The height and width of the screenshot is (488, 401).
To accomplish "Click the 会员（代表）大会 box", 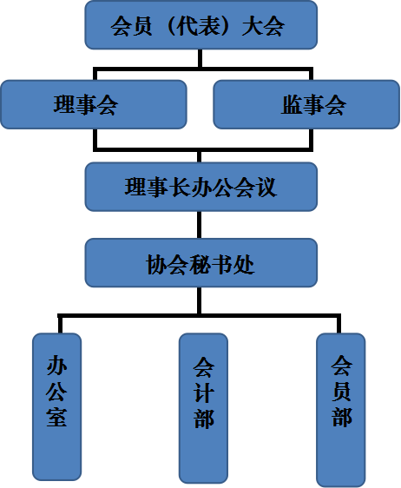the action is tap(201, 25).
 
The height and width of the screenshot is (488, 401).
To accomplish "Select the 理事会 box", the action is tap(94, 104).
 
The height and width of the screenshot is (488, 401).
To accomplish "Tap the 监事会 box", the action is tap(306, 104).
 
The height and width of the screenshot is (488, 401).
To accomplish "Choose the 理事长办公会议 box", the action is tap(201, 187).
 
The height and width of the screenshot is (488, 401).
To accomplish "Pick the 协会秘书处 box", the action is tap(201, 263).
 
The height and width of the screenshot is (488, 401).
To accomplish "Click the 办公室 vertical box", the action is tap(57, 406).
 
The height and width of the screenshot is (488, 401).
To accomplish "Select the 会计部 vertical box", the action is tap(203, 408).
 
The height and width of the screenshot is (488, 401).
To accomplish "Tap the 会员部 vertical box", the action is tap(341, 410).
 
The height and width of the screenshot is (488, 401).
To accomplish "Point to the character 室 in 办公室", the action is tap(56, 416).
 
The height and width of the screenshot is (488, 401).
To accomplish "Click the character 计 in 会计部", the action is tap(204, 392).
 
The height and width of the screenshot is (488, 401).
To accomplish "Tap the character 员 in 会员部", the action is tap(341, 391).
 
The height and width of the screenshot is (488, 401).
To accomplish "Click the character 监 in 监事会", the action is tap(293, 104).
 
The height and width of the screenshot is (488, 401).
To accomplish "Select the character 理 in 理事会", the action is tap(64, 104).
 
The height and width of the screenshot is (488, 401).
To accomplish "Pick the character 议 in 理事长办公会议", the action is tap(266, 188).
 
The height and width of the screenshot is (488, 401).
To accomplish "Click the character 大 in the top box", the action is tap(252, 26).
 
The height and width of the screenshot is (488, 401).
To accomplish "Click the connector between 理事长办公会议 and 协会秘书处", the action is tap(200, 225).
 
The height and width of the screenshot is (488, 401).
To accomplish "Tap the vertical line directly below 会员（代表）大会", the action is tap(200, 58).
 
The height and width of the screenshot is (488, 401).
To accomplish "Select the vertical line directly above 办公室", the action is tap(60, 325).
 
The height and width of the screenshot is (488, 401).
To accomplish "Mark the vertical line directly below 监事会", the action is tap(311, 139).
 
